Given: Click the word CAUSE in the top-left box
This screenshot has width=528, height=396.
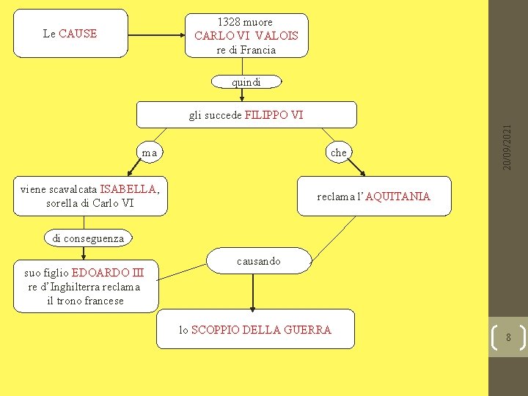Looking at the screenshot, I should coord(78,33).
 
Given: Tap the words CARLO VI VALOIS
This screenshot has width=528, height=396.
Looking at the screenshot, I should coord(246,35).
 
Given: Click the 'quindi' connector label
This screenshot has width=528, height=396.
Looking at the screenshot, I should coord(246,82).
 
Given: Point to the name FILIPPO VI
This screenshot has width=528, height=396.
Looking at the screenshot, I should coord(274,115).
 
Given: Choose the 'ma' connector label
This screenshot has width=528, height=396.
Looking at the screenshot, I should coord(150,153).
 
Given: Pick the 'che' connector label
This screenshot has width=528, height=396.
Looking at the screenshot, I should coord(338,153).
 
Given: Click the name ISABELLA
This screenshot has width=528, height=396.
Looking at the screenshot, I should coord(128,189).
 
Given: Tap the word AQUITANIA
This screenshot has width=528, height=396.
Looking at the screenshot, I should coord(397,197).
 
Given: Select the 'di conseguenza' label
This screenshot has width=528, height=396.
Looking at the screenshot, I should coord(88,238).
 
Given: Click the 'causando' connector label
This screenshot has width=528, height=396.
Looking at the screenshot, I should coord(258,261).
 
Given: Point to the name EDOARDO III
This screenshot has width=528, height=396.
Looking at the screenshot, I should coord(108,274).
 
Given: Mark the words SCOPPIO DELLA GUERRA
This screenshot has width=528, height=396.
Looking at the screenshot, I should coord(260,330).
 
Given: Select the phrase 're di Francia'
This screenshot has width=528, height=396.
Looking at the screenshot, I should coord(246,50).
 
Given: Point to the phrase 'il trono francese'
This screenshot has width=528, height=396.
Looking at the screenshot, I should coord(84,301).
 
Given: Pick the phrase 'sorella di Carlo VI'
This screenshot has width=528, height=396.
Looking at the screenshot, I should coord(89,203).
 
